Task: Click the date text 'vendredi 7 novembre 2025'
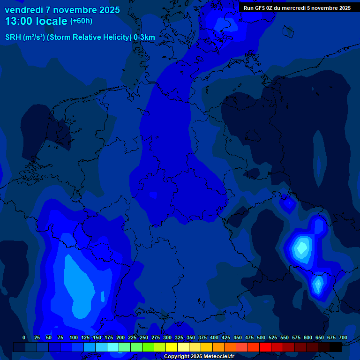(x=62, y=10)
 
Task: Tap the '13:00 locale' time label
(x=36, y=21)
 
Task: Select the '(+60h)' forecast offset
(x=81, y=21)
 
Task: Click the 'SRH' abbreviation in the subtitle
(x=13, y=37)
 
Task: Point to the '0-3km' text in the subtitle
(x=144, y=37)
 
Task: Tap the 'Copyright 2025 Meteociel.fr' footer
(x=199, y=356)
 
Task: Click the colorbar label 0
(x=24, y=337)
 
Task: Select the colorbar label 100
(x=73, y=337)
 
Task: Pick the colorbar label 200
(x=120, y=337)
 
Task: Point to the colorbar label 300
(x=167, y=337)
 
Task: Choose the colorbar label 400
(x=214, y=337)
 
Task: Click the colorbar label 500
(x=261, y=337)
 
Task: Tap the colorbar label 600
(x=307, y=337)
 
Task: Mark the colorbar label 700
(x=343, y=337)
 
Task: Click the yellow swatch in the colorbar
(x=172, y=347)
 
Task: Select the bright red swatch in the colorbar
(x=265, y=347)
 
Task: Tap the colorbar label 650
(x=319, y=337)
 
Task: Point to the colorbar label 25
(x=37, y=337)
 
